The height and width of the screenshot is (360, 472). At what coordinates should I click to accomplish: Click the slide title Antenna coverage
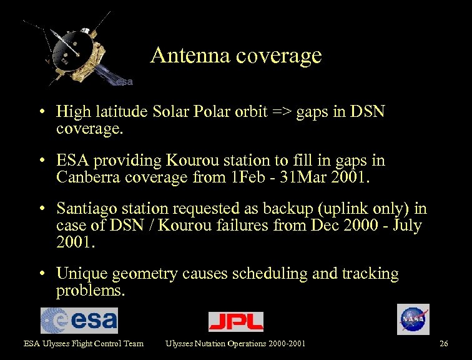coord(236,56)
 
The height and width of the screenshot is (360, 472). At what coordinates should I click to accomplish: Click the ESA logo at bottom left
coord(79,320)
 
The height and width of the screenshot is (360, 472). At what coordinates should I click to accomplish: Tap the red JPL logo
coord(235,321)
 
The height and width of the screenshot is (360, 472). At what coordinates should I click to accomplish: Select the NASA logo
coord(413,319)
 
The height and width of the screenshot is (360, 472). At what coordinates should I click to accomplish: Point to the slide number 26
coord(444,343)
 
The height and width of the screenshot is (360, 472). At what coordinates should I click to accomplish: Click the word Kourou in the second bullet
coord(190,161)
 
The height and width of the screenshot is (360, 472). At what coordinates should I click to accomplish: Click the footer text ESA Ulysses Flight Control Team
coord(84,343)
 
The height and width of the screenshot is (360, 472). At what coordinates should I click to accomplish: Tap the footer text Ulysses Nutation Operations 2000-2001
coord(235,343)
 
